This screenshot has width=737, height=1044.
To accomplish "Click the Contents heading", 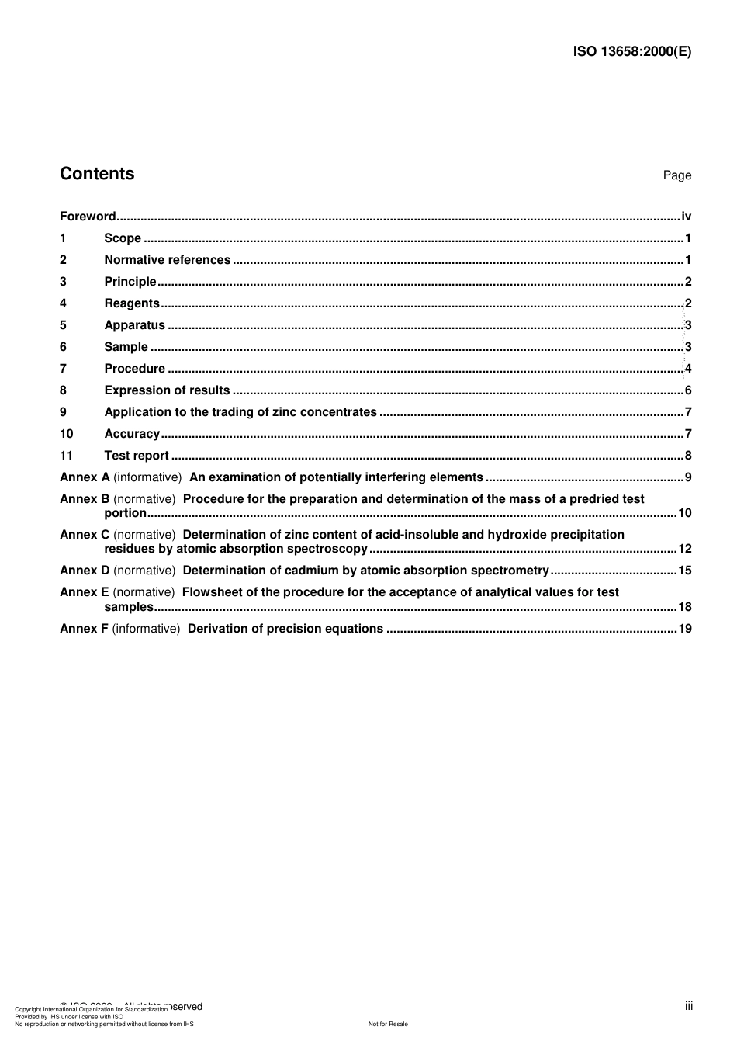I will (x=97, y=174).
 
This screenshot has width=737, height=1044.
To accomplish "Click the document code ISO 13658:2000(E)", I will (x=631, y=52).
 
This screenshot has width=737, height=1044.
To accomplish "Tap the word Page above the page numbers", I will (x=676, y=175).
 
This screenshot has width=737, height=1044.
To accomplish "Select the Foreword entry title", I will (x=88, y=217).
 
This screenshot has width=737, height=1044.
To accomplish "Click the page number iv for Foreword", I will (x=686, y=217).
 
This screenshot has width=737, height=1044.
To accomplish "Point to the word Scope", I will (x=123, y=238).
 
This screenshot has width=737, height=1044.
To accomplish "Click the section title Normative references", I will (x=168, y=260).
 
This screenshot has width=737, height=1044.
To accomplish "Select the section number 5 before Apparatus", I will (x=63, y=325).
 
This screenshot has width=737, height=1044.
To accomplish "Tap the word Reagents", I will (x=132, y=303).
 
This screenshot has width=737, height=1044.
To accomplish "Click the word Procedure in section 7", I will (x=135, y=369).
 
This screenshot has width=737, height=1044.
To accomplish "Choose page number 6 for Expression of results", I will (x=688, y=390).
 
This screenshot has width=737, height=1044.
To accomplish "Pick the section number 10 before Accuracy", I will (x=66, y=434).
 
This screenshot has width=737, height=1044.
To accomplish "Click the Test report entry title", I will (x=137, y=456).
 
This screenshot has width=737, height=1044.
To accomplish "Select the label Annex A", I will (x=85, y=477).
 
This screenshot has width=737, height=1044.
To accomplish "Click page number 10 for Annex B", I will (x=684, y=513).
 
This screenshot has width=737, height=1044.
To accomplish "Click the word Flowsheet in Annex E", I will (x=213, y=592).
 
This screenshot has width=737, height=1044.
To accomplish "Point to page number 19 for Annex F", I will (x=684, y=629).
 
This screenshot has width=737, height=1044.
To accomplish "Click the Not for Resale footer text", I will (x=388, y=1024).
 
